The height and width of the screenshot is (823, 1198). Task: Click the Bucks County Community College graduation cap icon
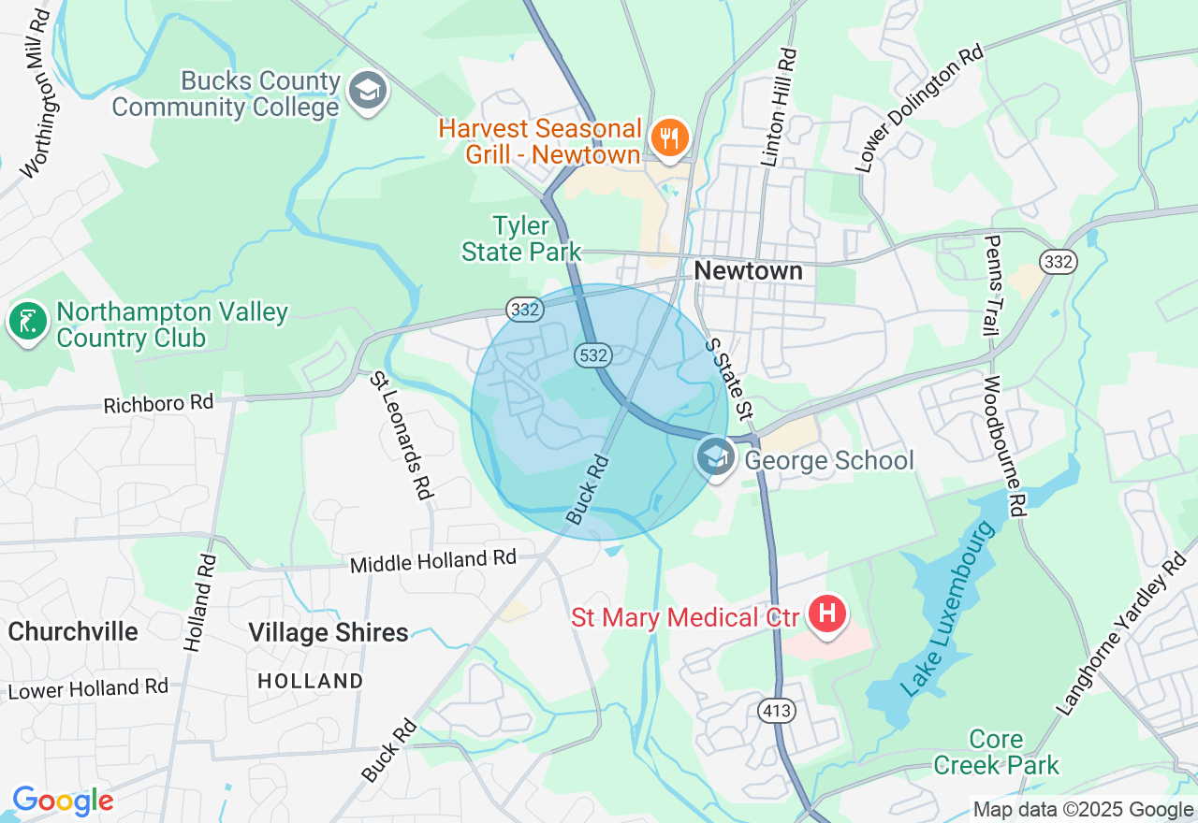click(368, 92)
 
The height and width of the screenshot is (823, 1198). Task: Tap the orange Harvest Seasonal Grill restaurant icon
click(669, 137)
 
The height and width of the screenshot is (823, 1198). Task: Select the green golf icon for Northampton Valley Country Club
click(27, 322)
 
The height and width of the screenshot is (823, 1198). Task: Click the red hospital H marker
click(827, 614)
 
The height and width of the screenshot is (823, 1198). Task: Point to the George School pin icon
click(716, 457)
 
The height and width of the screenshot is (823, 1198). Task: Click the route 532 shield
click(594, 355)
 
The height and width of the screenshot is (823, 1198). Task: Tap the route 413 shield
click(778, 711)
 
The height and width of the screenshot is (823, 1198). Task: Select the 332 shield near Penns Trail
click(1059, 262)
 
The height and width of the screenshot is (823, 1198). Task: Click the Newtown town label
click(748, 271)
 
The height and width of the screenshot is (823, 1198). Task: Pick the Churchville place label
click(73, 631)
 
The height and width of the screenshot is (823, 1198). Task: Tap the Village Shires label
click(328, 633)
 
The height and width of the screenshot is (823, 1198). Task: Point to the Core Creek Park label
click(996, 752)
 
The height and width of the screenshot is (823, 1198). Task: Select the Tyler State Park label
click(521, 238)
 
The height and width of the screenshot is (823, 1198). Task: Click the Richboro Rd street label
click(158, 404)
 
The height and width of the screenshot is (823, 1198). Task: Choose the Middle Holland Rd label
click(432, 562)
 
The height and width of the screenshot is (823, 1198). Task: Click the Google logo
click(63, 801)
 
